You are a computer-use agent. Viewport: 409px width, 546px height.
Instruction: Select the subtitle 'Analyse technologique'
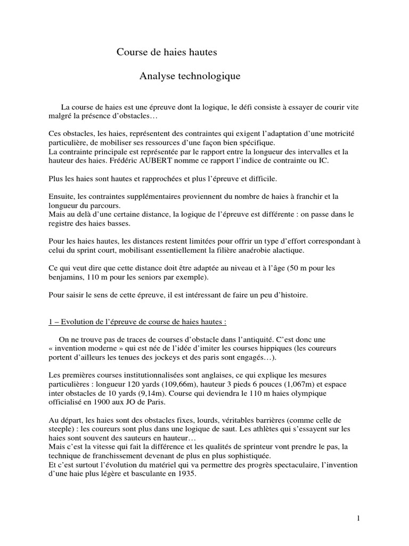190,77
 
